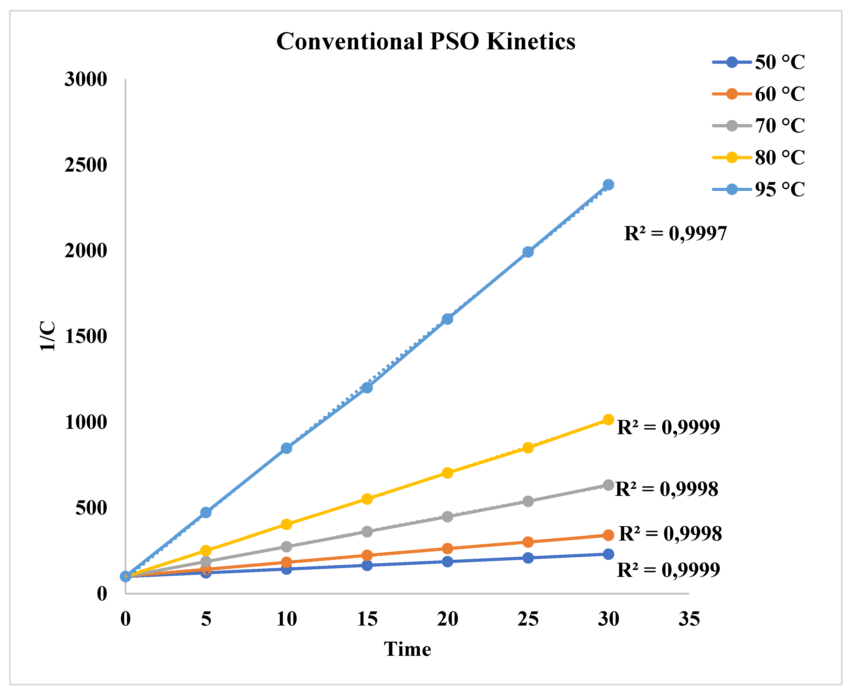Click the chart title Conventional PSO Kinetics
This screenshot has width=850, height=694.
[x=426, y=41]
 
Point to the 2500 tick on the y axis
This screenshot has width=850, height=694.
[x=86, y=165]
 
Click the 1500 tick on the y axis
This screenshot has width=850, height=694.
[x=86, y=336]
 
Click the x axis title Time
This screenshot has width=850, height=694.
[x=407, y=649]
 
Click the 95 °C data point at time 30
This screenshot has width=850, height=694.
[x=608, y=185]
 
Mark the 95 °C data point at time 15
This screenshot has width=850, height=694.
[x=367, y=387]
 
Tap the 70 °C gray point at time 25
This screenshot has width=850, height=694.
[x=528, y=501]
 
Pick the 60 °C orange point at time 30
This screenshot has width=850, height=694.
[x=608, y=535]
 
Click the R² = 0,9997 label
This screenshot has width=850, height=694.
[x=675, y=234]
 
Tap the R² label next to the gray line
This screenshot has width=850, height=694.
[x=666, y=489]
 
